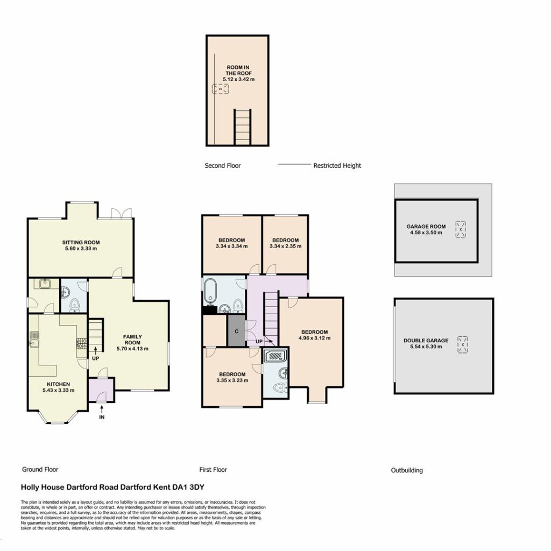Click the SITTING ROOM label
(81, 243)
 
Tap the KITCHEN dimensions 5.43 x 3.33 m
(58, 390)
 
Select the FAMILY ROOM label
(132, 340)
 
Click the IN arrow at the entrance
(102, 409)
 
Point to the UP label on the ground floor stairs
(95, 358)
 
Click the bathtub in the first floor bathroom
(210, 291)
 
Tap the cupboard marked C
(237, 331)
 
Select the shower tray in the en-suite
(276, 356)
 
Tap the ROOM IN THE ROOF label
(238, 70)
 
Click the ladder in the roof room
(243, 127)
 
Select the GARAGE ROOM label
(426, 227)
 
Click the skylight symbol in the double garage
(463, 345)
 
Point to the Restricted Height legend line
(294, 164)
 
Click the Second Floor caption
(222, 166)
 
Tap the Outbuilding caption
(407, 470)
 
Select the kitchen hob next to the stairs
(82, 343)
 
